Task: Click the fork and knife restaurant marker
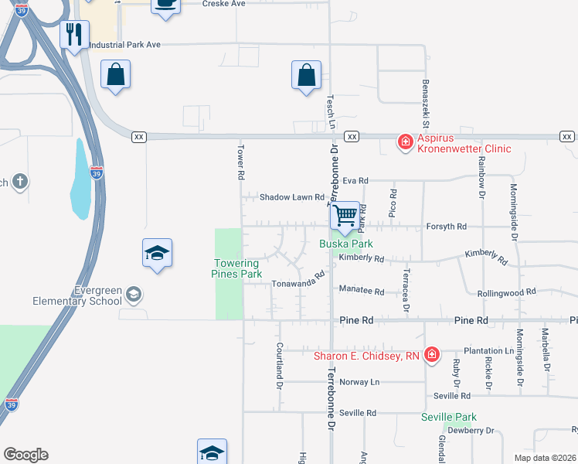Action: pyautogui.click(x=74, y=35)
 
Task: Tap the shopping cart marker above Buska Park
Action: pyautogui.click(x=345, y=215)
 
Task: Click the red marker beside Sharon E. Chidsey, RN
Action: pyautogui.click(x=431, y=356)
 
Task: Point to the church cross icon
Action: pyautogui.click(x=20, y=183)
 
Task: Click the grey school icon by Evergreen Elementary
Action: pyautogui.click(x=134, y=294)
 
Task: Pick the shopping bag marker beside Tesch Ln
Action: pyautogui.click(x=307, y=76)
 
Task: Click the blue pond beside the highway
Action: pyautogui.click(x=80, y=181)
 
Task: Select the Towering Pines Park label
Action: pyautogui.click(x=236, y=268)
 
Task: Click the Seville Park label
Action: pyautogui.click(x=449, y=418)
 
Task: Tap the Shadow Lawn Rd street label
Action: pyautogui.click(x=291, y=197)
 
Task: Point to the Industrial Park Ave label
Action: pyautogui.click(x=124, y=45)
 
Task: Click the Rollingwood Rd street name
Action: pyautogui.click(x=506, y=292)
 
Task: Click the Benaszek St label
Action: pyautogui.click(x=425, y=104)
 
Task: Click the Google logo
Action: pyautogui.click(x=25, y=455)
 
